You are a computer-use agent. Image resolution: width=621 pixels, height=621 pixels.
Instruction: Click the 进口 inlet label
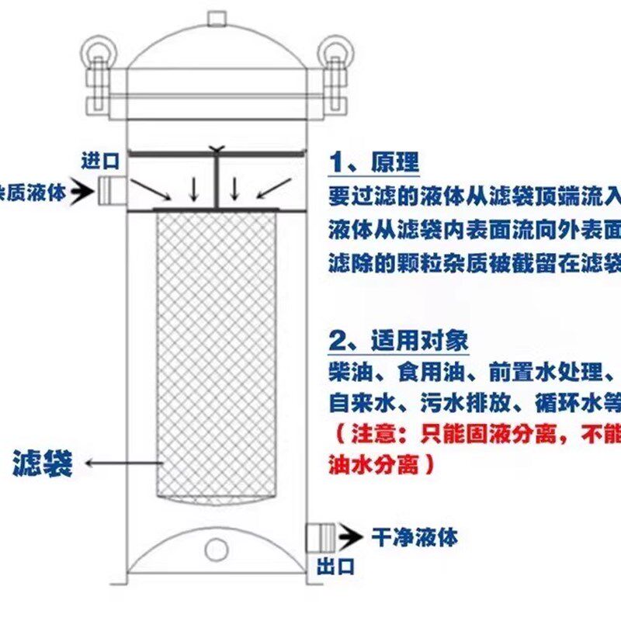click(100, 161)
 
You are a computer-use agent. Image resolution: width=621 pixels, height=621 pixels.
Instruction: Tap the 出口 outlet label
click(335, 567)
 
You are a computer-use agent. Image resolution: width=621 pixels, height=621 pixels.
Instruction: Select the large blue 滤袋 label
click(43, 463)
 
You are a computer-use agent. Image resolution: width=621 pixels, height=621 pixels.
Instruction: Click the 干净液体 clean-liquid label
click(415, 536)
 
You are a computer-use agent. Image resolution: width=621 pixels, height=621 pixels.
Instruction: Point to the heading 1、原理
click(374, 162)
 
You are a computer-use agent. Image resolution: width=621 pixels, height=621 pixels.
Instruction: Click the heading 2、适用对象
click(399, 341)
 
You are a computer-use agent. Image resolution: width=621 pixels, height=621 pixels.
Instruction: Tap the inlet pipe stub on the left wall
click(112, 189)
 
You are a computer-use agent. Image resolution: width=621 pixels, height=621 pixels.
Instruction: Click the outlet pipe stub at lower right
click(319, 536)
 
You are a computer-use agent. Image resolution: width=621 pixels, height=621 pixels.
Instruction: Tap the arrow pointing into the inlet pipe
click(80, 191)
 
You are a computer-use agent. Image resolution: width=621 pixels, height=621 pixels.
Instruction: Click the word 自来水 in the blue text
click(359, 404)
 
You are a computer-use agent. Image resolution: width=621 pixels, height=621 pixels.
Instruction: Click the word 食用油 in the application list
click(435, 373)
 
